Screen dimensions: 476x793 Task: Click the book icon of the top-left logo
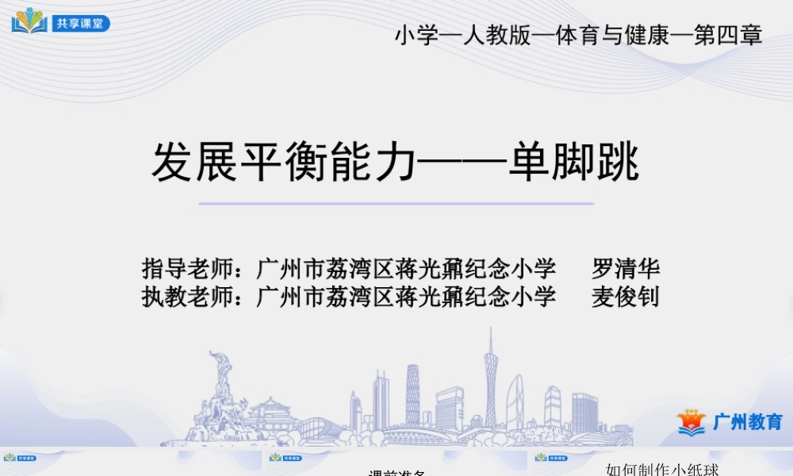pos(29,21)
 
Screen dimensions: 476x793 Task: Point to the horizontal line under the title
pos(396,204)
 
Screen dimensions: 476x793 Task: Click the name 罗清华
pos(626,268)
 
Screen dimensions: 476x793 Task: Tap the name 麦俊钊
pos(626,297)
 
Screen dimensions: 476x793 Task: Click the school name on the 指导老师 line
pos(406,268)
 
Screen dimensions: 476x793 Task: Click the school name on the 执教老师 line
pos(406,297)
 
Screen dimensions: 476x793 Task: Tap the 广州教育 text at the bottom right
pos(747,422)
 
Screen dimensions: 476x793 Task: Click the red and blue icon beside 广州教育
pos(691,422)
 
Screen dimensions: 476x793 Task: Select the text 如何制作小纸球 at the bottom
pos(662,470)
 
